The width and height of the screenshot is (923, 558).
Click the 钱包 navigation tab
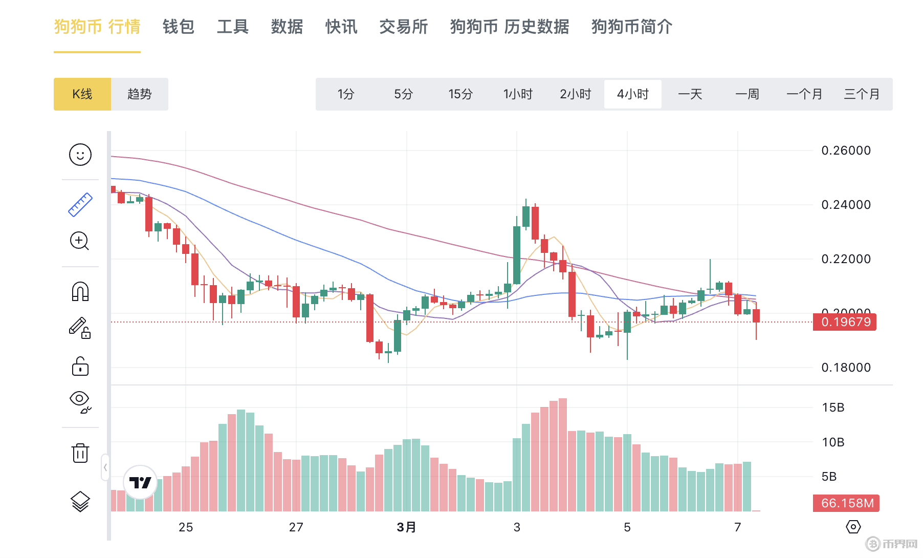(178, 27)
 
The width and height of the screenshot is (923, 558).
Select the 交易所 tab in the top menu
(403, 27)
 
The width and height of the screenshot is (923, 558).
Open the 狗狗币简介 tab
(631, 27)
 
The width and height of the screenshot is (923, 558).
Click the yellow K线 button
(82, 94)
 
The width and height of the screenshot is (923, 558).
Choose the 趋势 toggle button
(139, 94)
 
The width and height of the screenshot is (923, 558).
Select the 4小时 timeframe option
(632, 94)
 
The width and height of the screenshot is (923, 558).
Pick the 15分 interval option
(460, 94)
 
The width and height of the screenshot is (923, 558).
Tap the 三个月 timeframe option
(862, 94)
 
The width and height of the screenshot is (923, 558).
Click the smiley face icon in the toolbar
(80, 155)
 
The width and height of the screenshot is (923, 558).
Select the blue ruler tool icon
(80, 205)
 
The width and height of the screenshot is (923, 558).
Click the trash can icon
(80, 453)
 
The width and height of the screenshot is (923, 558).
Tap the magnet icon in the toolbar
(80, 291)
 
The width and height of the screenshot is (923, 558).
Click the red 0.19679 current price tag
(845, 322)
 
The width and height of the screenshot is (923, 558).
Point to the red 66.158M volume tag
(847, 503)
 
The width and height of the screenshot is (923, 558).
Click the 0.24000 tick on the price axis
(846, 205)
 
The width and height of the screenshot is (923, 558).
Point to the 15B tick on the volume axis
(833, 407)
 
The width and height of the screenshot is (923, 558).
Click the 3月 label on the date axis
(406, 527)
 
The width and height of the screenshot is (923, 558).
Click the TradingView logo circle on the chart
(140, 482)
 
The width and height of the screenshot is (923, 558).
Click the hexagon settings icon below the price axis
(853, 527)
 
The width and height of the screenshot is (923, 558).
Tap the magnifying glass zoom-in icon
(79, 241)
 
